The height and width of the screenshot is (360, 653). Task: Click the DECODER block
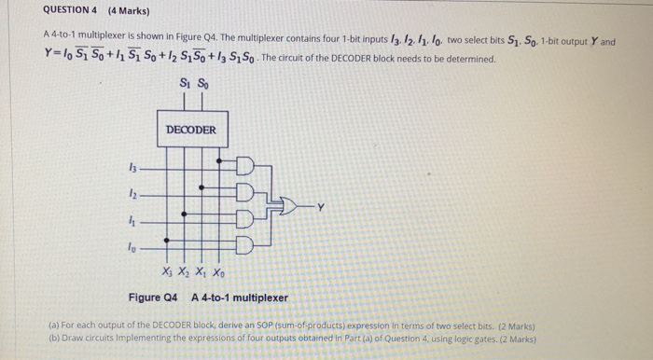tap(191, 129)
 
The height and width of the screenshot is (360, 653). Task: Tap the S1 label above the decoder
tap(183, 87)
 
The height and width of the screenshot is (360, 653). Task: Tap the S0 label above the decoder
tap(202, 87)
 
